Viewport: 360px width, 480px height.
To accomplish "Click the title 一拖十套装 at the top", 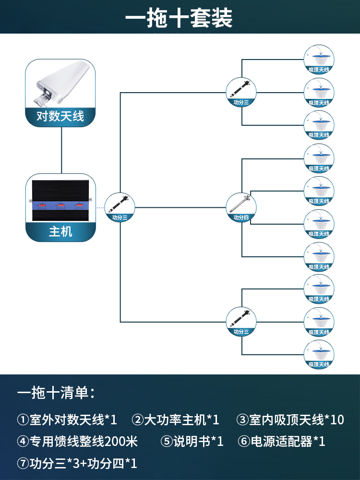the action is tap(179, 18).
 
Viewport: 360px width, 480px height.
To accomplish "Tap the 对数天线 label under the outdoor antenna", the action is tap(60, 116).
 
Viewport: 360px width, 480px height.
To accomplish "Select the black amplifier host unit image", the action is tap(60, 201).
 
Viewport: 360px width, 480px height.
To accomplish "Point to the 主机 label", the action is tap(60, 231).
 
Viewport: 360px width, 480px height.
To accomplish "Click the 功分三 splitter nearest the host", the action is tap(120, 207).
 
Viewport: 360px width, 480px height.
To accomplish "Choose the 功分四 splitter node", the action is tap(241, 207).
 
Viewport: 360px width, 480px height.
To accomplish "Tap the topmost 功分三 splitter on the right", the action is tap(241, 92).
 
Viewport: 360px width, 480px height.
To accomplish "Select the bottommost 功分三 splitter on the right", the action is tap(241, 322).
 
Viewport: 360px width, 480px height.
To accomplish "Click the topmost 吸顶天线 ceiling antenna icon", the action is tap(319, 60).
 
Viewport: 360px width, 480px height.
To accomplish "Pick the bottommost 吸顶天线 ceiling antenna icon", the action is tap(319, 355).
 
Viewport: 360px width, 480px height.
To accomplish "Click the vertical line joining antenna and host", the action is tap(61, 150).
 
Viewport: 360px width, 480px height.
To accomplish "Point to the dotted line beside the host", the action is tap(100, 207).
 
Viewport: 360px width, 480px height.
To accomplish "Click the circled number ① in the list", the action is tap(23, 420).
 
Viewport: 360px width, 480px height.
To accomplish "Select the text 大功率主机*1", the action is tap(182, 420).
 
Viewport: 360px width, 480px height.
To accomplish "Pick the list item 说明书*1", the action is tap(198, 442).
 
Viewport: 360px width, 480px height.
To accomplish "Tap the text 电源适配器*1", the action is tap(288, 442).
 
